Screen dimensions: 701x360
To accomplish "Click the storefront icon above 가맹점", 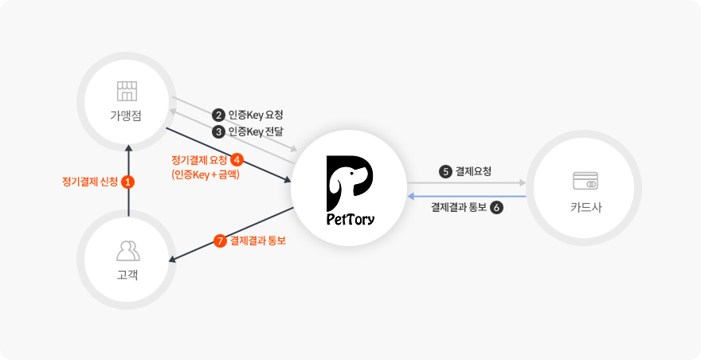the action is click(127, 92).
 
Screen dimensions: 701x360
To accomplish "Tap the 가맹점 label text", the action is click(126, 115).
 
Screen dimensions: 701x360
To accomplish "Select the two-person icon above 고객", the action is click(128, 251).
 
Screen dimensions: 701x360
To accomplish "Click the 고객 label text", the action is click(127, 275).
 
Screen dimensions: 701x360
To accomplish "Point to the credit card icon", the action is click(585, 181).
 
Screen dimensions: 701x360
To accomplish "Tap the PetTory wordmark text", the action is click(350, 219).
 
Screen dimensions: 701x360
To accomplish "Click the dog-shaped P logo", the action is click(350, 183).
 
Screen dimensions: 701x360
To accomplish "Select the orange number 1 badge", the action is click(128, 182).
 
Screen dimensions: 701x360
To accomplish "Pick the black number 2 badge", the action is click(218, 115).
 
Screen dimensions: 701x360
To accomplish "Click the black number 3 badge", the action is click(218, 132).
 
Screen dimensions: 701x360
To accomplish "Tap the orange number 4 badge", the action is click(237, 159).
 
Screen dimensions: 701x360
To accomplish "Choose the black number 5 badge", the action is click(445, 172).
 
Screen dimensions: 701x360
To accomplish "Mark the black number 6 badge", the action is click(497, 208).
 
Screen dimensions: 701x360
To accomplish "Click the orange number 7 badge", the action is click(220, 241).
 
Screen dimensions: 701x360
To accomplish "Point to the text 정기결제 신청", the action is click(90, 182).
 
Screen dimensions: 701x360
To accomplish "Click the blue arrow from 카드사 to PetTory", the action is click(466, 196).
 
